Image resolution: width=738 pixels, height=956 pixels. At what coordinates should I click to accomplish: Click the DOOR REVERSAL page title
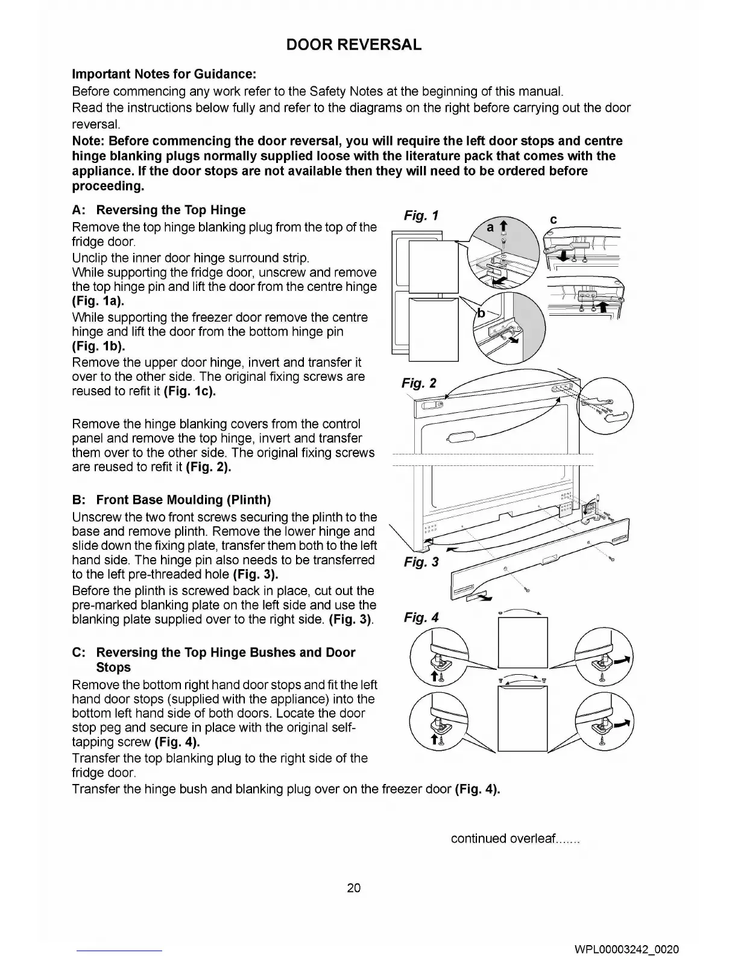353,45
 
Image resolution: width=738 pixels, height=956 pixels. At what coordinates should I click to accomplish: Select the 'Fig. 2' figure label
419,383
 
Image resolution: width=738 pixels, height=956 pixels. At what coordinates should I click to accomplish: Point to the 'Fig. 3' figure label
421,562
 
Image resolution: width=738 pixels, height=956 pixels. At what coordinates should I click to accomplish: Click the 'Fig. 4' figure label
421,617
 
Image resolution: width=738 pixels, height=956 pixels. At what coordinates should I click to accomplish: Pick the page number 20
354,887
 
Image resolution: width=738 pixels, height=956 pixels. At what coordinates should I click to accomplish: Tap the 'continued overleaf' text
515,838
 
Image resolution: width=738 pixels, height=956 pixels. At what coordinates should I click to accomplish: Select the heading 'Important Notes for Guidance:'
164,74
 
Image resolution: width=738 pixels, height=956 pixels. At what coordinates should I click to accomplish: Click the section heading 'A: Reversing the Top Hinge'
159,210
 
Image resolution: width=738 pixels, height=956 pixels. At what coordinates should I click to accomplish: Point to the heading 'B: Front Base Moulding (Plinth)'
171,500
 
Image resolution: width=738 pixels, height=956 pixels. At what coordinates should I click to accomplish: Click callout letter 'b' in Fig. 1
481,313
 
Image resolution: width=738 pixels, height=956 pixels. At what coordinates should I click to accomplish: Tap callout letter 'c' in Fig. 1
553,220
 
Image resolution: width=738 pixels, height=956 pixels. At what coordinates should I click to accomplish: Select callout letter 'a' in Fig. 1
490,227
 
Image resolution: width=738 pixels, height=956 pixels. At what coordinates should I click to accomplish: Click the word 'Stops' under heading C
113,668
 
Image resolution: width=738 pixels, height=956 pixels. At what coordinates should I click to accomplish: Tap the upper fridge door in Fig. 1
432,266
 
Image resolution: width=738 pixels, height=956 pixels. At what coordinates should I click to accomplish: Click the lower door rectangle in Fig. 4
523,719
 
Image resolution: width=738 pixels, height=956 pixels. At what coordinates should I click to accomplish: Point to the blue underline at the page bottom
119,951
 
